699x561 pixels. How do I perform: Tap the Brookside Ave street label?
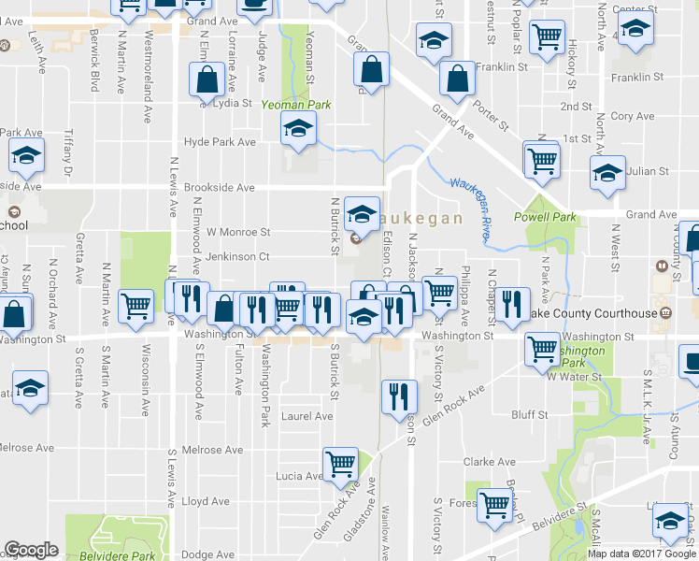pos(219,187)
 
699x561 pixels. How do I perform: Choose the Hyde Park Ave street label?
pos(220,142)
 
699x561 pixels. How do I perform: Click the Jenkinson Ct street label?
pos(238,255)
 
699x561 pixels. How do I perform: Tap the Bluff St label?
pos(529,414)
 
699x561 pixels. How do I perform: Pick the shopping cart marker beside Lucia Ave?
pos(340,463)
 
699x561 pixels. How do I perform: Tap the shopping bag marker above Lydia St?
pos(206,80)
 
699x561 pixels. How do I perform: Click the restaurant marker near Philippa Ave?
pos(511,303)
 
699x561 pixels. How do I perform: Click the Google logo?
pos(32,550)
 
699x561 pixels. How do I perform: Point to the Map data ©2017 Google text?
pos(641,554)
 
